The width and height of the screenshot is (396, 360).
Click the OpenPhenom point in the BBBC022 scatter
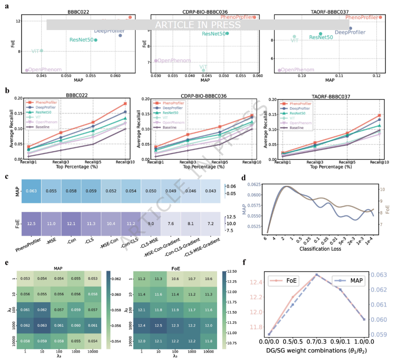[x=27, y=70]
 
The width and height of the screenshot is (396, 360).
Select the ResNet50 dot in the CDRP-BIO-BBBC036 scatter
[x=227, y=33]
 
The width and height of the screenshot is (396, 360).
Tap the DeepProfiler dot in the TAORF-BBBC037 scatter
[x=350, y=28]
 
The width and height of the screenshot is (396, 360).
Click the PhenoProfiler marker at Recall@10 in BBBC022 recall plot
[x=125, y=104]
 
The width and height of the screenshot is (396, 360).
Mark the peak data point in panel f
[x=316, y=275]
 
